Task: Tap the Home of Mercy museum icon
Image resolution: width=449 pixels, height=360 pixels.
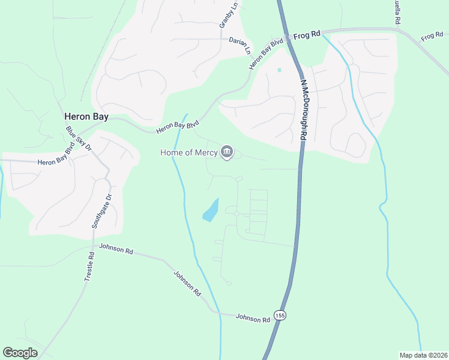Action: click(x=227, y=152)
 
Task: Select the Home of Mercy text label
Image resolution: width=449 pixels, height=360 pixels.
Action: click(x=188, y=152)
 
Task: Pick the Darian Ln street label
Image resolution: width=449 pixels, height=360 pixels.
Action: click(x=240, y=46)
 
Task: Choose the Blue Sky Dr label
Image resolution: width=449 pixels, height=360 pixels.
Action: click(x=79, y=138)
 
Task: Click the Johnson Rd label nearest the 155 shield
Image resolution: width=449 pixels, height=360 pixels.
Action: click(x=253, y=318)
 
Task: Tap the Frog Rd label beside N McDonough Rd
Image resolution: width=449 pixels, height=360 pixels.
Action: click(x=306, y=36)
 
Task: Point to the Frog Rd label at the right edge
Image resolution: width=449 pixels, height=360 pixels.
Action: click(x=432, y=37)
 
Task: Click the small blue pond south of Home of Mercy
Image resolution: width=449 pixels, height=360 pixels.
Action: click(x=211, y=211)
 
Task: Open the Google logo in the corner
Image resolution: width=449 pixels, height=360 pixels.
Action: click(x=20, y=353)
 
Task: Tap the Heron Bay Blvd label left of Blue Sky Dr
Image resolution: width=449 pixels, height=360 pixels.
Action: click(x=55, y=162)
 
